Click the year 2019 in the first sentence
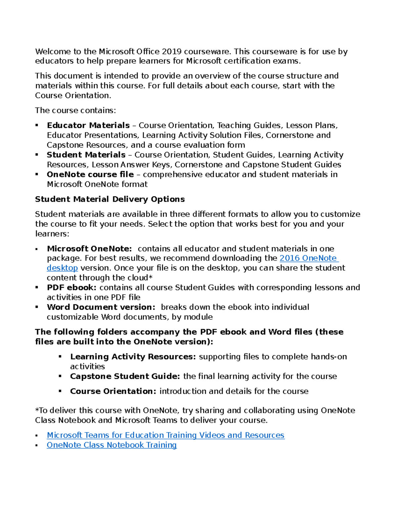[172, 52]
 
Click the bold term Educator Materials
[88, 125]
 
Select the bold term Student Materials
[86, 155]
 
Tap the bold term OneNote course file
[90, 174]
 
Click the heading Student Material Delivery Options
[110, 199]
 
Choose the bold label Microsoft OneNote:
[89, 249]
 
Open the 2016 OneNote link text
[308, 258]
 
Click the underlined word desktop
[62, 268]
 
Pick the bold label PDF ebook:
[71, 287]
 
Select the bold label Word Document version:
[101, 307]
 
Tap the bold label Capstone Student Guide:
[125, 376]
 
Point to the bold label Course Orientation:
[113, 391]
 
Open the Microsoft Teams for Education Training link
[165, 435]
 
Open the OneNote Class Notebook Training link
[111, 445]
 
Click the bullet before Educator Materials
[37, 125]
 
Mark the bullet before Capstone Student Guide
[60, 376]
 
